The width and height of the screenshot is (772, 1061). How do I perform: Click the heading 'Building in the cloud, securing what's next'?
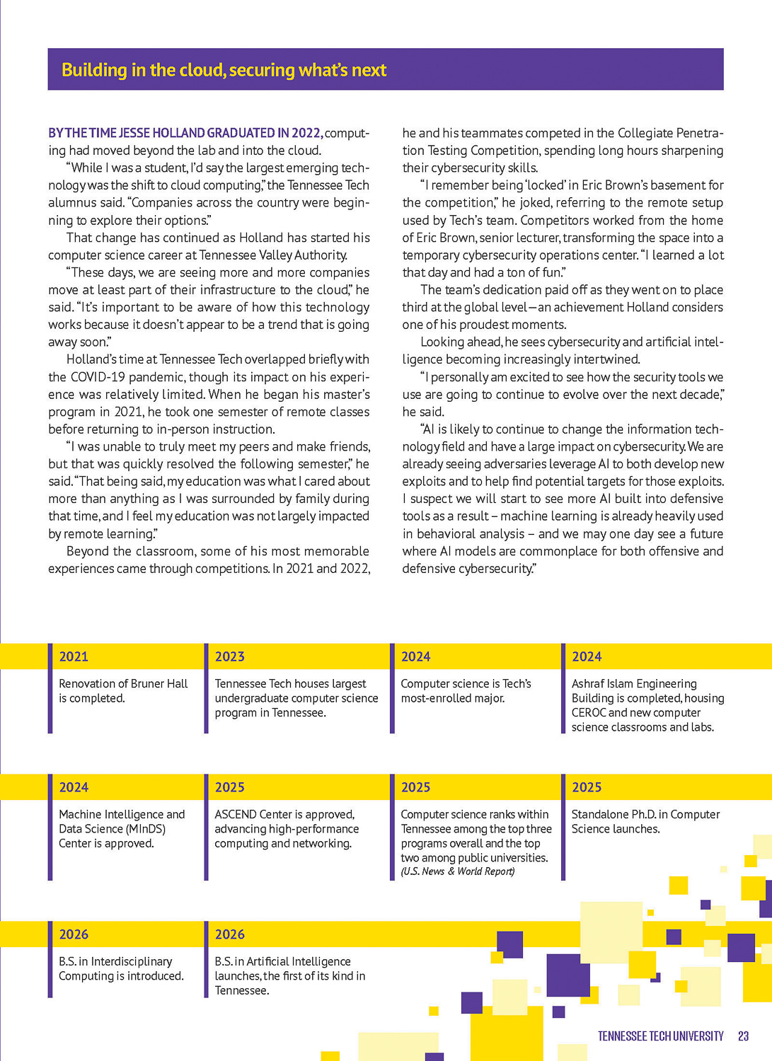224,70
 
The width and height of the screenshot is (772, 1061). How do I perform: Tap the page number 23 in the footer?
743,1036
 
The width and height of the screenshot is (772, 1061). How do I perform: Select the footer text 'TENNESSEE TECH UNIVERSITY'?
660,1036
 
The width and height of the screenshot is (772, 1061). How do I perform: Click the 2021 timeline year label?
74,656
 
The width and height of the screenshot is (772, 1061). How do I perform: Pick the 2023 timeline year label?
230,656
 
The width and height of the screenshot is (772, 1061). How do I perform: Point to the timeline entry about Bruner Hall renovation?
123,691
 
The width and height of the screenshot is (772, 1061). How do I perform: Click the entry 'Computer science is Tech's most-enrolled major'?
466,691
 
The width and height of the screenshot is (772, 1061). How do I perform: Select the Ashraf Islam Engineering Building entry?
647,705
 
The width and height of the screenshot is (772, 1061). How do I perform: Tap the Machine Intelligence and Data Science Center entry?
122,828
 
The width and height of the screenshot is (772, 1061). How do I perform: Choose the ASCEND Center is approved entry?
287,828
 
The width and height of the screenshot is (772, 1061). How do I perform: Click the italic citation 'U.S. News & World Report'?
458,871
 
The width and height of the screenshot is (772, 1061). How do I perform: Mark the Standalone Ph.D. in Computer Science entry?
645,821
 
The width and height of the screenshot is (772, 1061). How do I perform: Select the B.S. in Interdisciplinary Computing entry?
121,968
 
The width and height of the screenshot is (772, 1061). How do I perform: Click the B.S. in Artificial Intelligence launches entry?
289,975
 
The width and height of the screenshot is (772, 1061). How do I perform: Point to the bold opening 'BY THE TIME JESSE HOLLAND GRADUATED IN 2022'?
185,133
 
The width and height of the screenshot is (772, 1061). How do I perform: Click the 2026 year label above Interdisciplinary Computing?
74,934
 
